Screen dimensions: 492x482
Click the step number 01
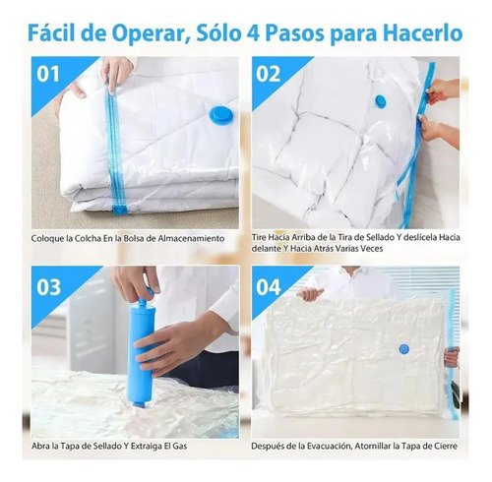tap(48, 74)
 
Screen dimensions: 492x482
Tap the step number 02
tap(269, 74)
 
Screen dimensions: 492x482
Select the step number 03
tap(48, 287)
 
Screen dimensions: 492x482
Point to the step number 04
tap(269, 287)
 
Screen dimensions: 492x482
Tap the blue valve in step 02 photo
tap(380, 101)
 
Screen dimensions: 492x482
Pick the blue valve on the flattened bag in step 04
tap(404, 349)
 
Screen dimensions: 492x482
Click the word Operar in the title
tap(150, 34)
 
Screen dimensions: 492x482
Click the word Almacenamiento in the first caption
tap(191, 238)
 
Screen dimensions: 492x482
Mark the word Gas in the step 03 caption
tap(180, 446)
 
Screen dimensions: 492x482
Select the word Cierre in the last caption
tap(444, 446)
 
